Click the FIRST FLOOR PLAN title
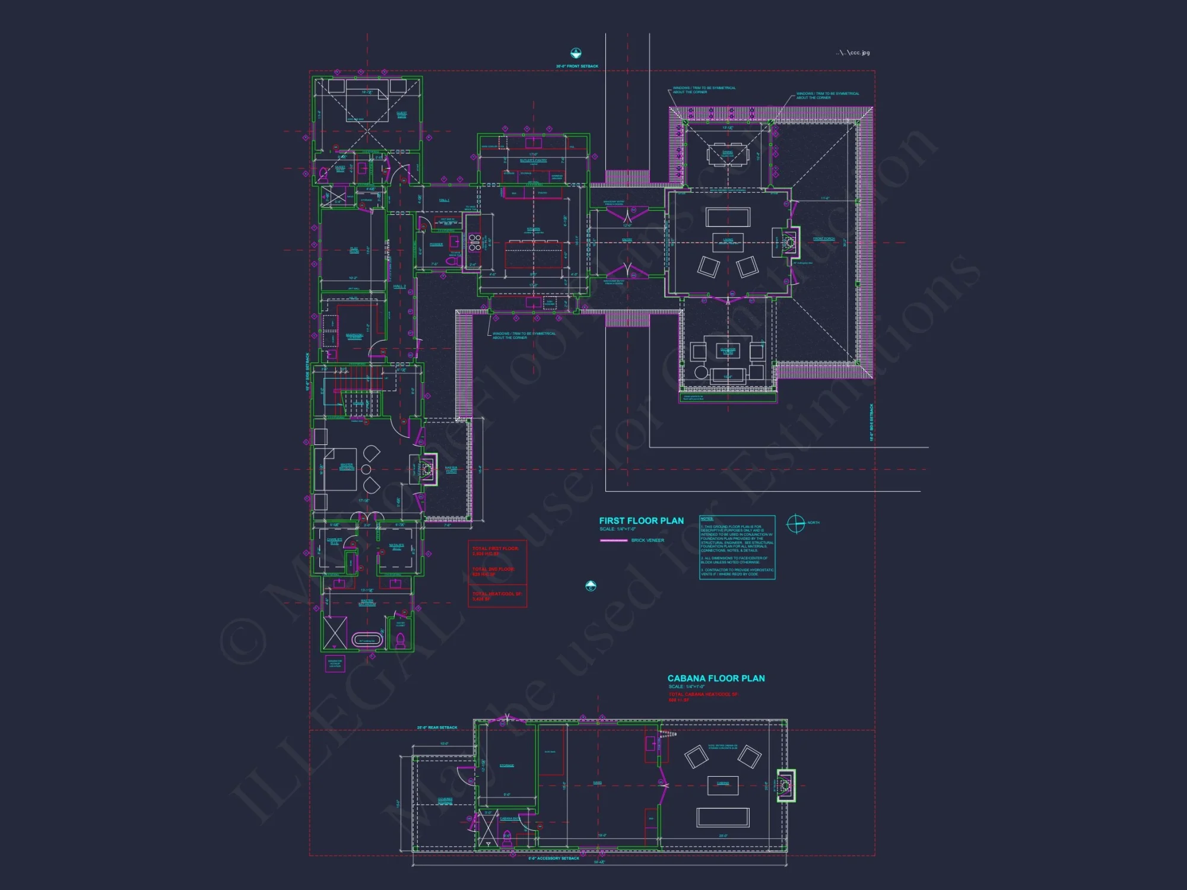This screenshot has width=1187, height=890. point(641,520)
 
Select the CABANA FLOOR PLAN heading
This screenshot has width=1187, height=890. point(716,678)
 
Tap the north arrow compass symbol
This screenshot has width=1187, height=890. point(795,523)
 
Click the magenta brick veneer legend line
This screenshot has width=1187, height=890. point(614,541)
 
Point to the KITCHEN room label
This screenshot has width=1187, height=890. point(534,229)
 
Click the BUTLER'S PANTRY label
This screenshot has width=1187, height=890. point(533,160)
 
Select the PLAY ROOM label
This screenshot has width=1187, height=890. point(354,250)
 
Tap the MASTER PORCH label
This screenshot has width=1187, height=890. point(451,469)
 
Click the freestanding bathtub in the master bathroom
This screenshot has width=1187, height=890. point(367,640)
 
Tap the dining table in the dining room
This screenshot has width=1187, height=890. point(728,155)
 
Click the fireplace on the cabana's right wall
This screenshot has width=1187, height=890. point(786,786)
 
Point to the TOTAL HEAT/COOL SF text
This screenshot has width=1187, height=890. point(497,594)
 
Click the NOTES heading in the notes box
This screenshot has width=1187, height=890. point(707,519)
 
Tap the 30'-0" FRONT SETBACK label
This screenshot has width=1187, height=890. point(577,66)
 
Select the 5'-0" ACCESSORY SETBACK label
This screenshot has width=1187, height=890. point(554,859)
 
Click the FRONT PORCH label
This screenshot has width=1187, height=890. point(824,239)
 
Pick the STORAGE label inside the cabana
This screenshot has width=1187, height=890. point(506,765)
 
